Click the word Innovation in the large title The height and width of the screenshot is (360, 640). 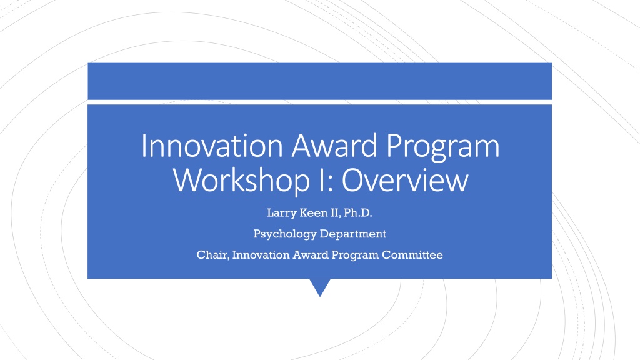point(212,146)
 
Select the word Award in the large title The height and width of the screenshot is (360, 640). point(334,146)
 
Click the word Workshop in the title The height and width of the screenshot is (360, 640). point(241,181)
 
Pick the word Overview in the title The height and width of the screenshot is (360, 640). point(405,181)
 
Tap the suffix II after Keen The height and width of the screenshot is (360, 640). point(336,212)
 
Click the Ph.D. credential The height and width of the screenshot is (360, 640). point(358,212)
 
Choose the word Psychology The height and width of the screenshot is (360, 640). point(285,234)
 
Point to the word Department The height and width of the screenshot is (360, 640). point(353,234)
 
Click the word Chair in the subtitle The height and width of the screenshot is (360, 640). point(213,255)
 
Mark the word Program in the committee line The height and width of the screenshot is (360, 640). point(355,256)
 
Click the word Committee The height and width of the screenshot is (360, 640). point(412,255)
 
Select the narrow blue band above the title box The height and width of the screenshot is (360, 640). point(319,81)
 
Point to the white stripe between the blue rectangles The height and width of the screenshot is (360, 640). point(319,102)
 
